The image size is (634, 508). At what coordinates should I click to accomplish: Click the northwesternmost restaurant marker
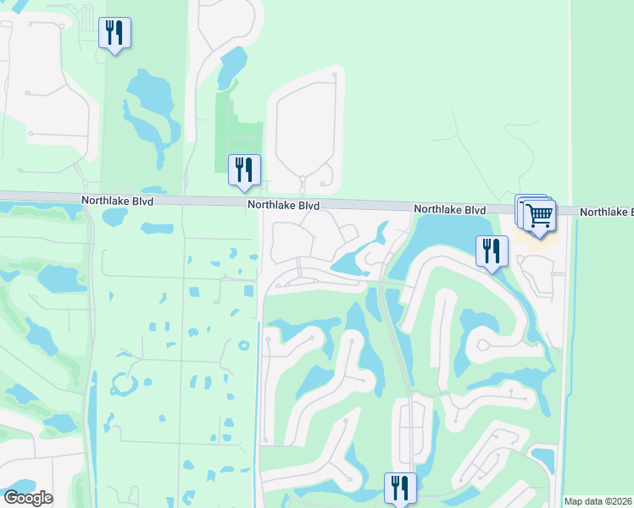(x=114, y=33)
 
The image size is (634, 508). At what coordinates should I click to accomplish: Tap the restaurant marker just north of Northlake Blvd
(x=244, y=169)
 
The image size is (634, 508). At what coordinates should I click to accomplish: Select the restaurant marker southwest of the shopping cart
(x=492, y=251)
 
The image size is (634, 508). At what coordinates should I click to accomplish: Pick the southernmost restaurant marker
(x=399, y=488)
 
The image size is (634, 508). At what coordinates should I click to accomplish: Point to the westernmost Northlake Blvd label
(x=117, y=202)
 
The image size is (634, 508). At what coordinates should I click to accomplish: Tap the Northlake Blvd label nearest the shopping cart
(x=449, y=209)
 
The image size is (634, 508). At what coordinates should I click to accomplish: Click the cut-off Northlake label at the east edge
(x=606, y=212)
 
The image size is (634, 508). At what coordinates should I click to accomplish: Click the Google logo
(x=28, y=498)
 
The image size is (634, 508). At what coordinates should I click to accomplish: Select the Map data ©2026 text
(x=598, y=501)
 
